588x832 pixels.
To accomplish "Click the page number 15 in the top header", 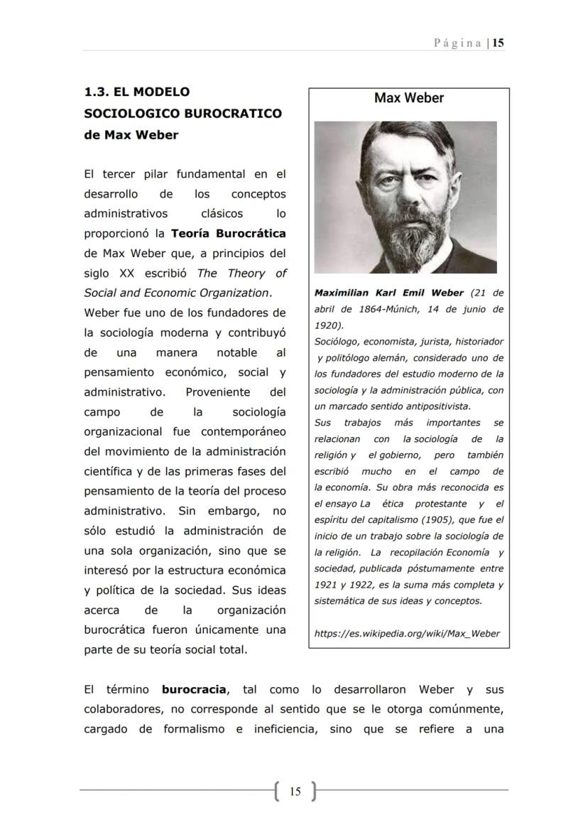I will [x=499, y=43].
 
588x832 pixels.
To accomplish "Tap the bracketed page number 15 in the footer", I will [x=295, y=791].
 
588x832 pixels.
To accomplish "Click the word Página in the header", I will [x=458, y=43].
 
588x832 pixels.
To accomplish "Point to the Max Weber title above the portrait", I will [x=408, y=98].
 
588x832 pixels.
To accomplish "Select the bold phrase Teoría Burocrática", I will [x=229, y=233].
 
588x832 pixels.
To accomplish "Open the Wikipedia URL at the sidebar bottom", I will [x=407, y=633].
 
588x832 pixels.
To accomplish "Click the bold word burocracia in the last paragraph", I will [x=194, y=689].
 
